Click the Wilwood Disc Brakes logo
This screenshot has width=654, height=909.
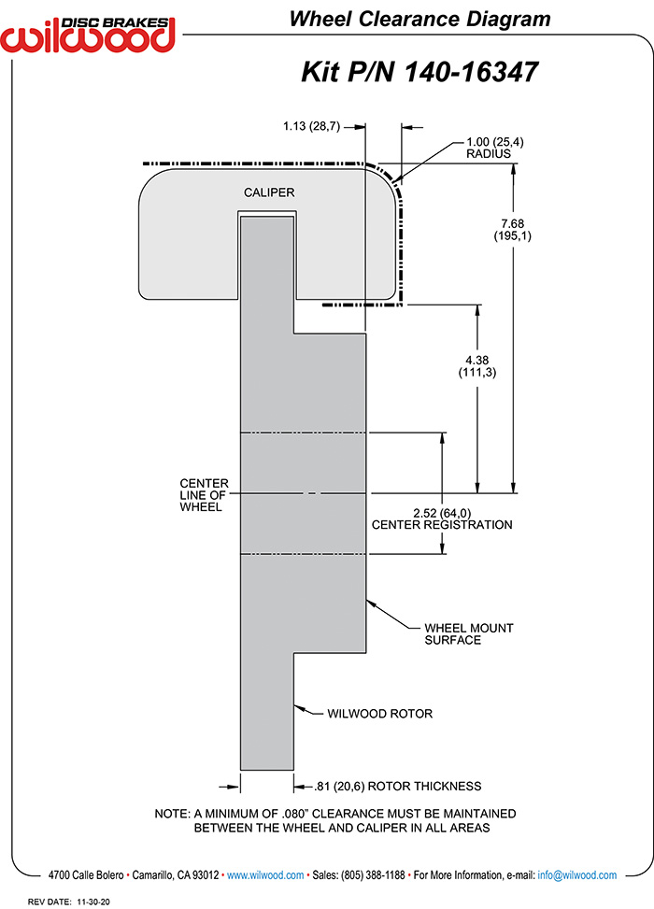pos(88,35)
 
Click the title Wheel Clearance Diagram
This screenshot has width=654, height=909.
pos(419,19)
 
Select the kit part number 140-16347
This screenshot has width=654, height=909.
pos(471,73)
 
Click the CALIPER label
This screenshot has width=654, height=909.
pos(269,192)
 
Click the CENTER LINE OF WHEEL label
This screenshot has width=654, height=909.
pos(204,495)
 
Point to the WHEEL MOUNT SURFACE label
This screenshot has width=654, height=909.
pos(468,633)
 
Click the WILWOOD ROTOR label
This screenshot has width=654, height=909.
pos(379,714)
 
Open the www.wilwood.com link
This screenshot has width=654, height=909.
pos(265,875)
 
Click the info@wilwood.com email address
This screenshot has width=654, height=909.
pos(576,875)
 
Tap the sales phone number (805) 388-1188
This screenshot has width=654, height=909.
pos(373,875)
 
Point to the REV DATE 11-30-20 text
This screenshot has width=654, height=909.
pos(68,902)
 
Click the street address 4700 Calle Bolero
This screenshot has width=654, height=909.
pos(86,875)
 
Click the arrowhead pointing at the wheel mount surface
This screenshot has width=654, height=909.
pos(371,604)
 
